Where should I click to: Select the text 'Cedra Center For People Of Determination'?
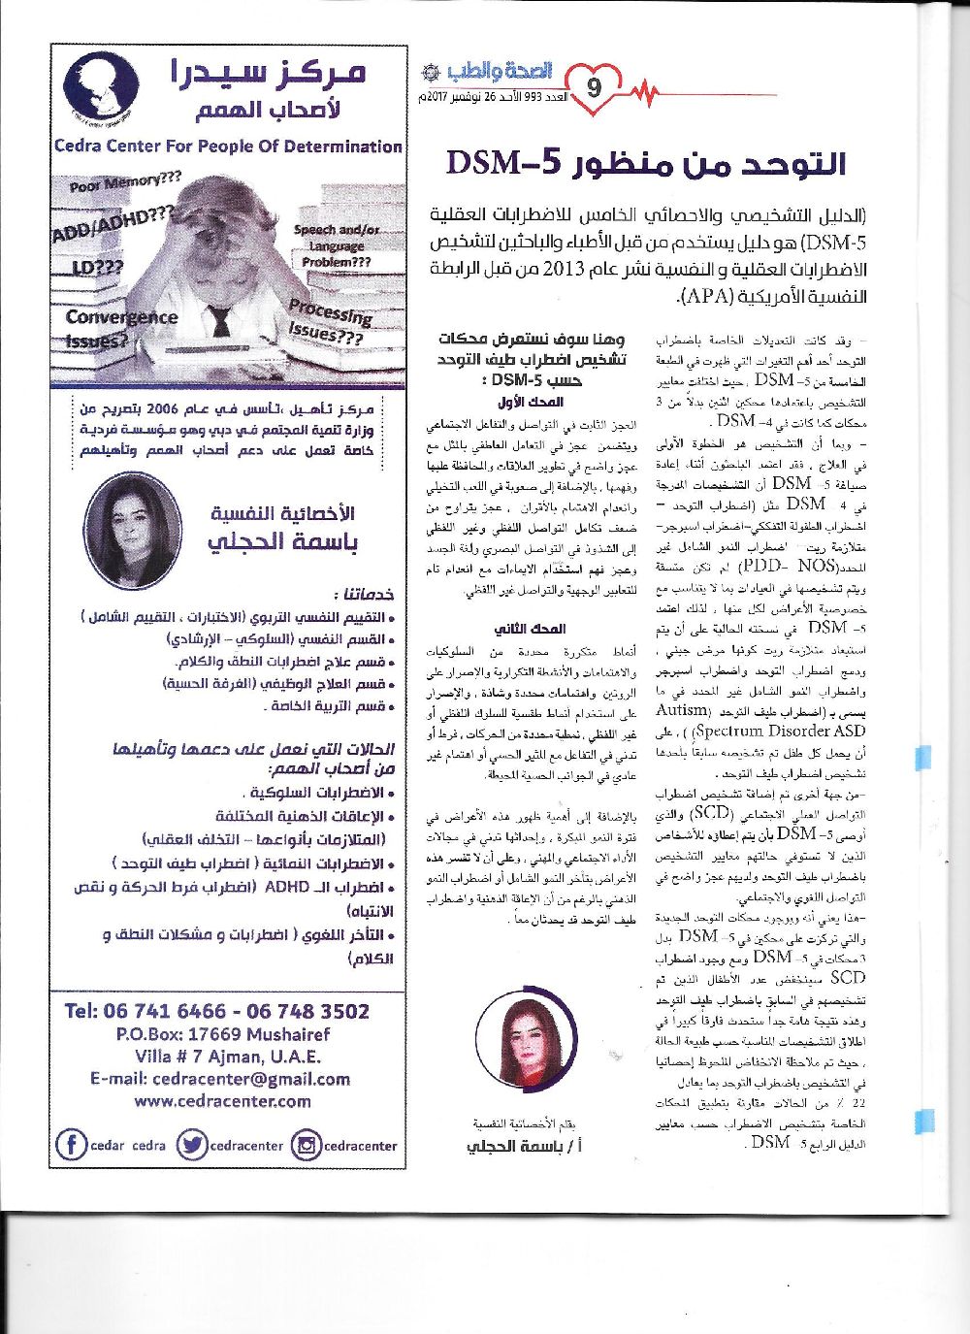[228, 147]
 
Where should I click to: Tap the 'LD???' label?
[96, 267]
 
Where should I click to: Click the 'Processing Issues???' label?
[329, 322]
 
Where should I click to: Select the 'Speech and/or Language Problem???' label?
[337, 245]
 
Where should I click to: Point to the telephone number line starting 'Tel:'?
[217, 1011]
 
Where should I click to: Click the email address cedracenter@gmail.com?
[220, 1079]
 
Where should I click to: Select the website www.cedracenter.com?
[222, 1101]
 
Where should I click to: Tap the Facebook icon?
[72, 1145]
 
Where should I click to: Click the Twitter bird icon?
[192, 1145]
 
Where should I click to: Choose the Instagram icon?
[307, 1145]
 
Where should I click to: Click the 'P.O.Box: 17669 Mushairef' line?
[222, 1034]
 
